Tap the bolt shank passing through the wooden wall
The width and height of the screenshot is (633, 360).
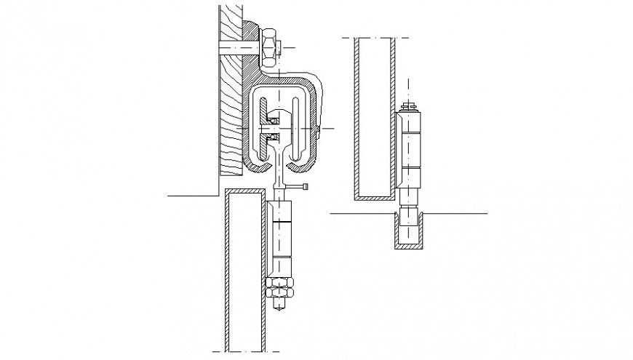(236, 48)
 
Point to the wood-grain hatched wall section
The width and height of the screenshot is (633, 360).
(231, 109)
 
